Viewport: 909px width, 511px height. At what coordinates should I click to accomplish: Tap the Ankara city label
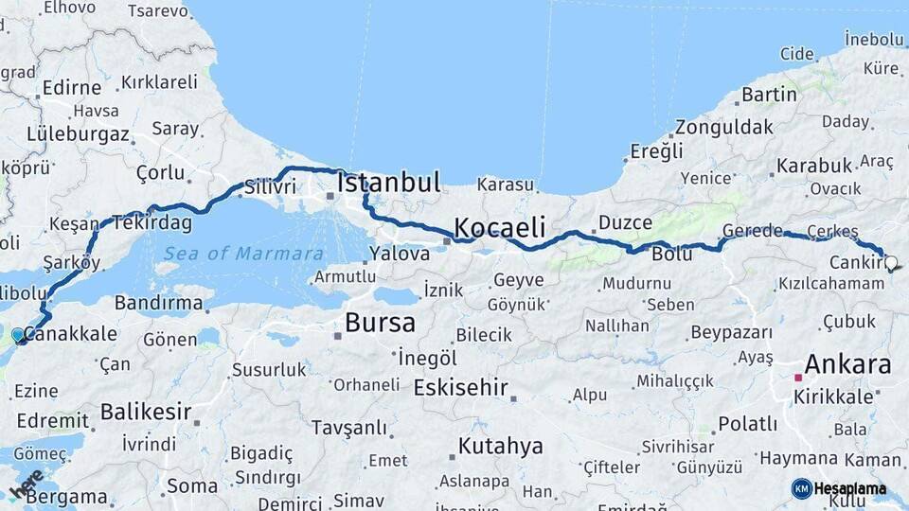[x=847, y=364]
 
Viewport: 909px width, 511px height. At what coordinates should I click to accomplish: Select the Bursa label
[x=380, y=323]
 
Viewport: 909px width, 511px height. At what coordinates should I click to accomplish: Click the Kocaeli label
[x=500, y=227]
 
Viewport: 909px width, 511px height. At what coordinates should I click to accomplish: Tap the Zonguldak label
[x=719, y=126]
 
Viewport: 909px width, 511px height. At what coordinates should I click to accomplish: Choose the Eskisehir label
[x=461, y=388]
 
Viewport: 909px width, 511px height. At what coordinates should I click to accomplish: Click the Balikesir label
[x=146, y=412]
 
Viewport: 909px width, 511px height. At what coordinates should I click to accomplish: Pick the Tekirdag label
[x=152, y=223]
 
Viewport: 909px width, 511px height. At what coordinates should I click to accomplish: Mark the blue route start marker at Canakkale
[x=18, y=335]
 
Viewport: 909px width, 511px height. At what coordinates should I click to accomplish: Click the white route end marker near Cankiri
[x=890, y=263]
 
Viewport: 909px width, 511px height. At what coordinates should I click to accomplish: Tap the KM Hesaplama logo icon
[x=801, y=488]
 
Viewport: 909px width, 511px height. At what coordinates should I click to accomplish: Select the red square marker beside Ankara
[x=798, y=377]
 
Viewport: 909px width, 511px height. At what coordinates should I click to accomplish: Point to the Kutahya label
[x=501, y=445]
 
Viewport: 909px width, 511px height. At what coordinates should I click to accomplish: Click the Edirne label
[x=72, y=87]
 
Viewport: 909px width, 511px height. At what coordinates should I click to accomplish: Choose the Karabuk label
[x=814, y=166]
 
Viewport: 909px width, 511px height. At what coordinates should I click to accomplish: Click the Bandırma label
[x=158, y=303]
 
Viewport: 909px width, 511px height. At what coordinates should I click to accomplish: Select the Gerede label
[x=753, y=231]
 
